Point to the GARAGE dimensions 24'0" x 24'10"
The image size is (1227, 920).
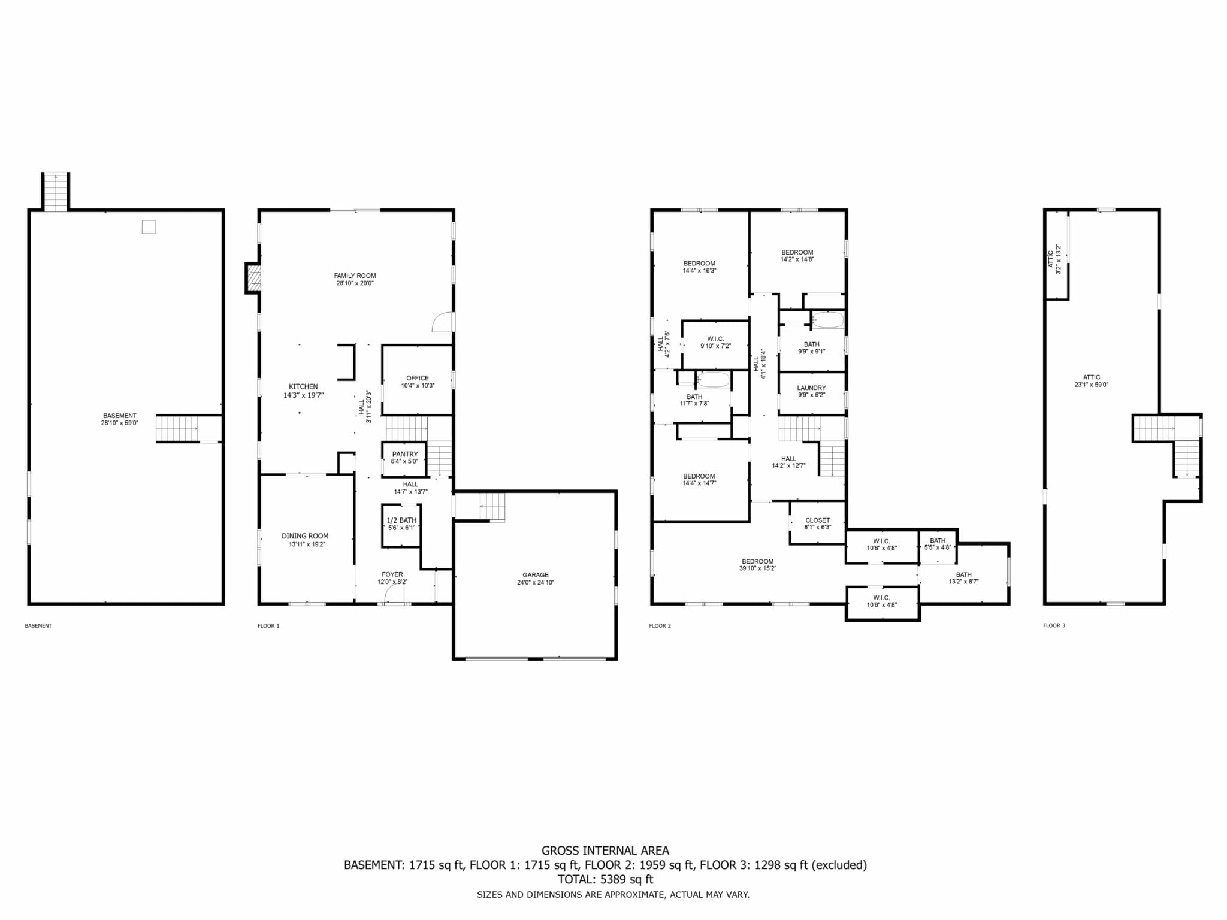tap(536, 582)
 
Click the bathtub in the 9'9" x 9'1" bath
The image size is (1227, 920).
tap(828, 320)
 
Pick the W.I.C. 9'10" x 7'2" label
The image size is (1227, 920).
tap(716, 342)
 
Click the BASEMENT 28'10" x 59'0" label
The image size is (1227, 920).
tap(120, 419)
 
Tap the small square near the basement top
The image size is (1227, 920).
tap(149, 227)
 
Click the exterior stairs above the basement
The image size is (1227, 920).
tap(55, 192)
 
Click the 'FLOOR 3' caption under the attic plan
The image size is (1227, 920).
tap(1054, 625)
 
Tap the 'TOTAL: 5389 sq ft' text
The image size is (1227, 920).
tap(605, 880)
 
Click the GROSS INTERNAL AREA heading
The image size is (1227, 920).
tap(605, 851)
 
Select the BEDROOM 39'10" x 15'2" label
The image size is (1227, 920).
tap(758, 565)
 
